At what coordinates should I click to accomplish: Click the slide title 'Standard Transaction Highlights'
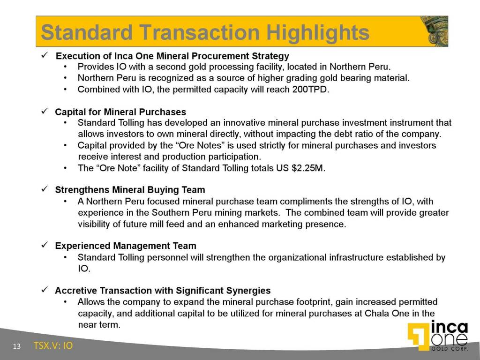pyautogui.click(x=205, y=32)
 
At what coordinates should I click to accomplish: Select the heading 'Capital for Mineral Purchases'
pyautogui.click(x=120, y=112)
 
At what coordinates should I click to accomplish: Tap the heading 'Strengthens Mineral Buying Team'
pyautogui.click(x=130, y=190)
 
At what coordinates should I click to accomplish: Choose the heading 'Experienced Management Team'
pyautogui.click(x=126, y=246)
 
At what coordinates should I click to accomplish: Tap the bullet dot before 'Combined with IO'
pyautogui.click(x=67, y=89)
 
